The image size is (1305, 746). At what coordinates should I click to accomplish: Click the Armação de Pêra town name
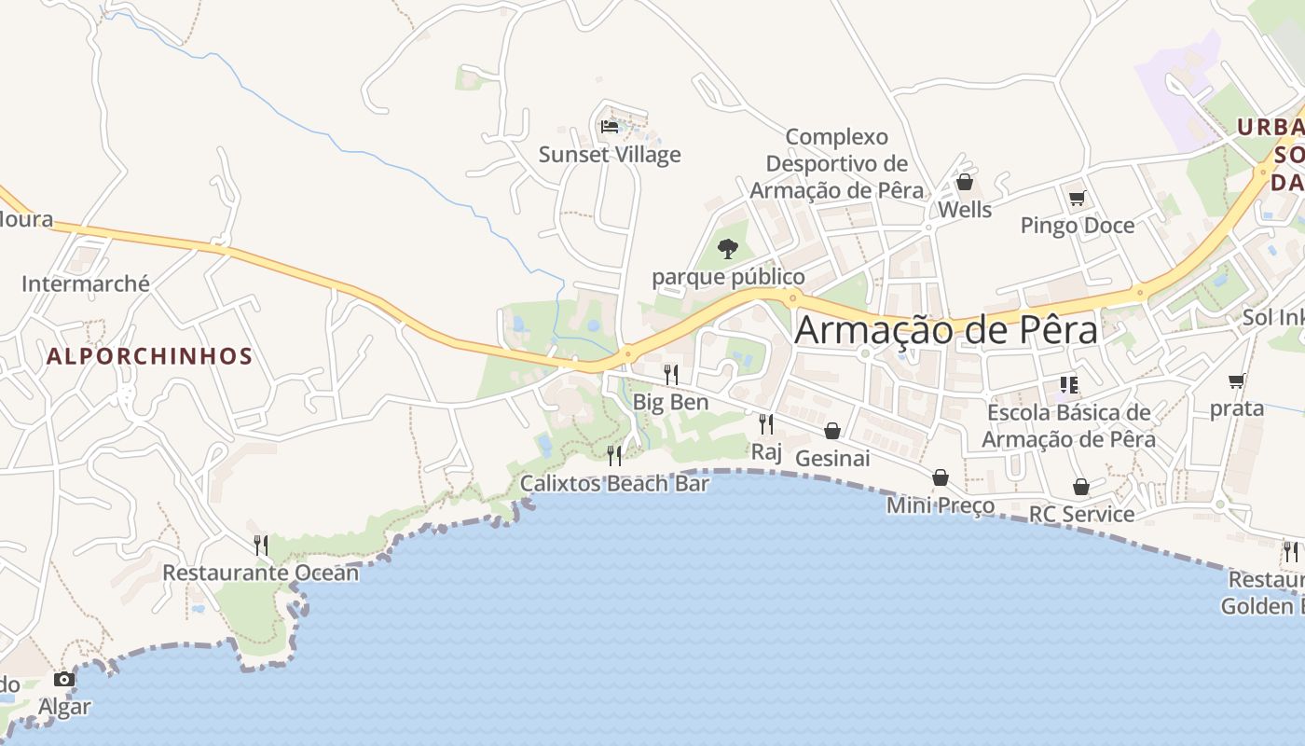pos(946,331)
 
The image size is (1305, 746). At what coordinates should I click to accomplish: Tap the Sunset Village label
pos(610,155)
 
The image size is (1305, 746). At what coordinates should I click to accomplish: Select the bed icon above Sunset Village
pos(610,126)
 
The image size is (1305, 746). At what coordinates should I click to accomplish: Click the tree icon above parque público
pos(728,249)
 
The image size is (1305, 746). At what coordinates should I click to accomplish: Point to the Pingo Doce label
pos(1077,226)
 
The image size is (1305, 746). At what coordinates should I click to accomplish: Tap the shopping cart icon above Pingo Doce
pos(1077,198)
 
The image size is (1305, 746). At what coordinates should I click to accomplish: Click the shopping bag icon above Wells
pos(965,182)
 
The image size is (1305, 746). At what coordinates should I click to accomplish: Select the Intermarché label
pos(86,284)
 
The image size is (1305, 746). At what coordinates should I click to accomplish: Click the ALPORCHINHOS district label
pos(149,356)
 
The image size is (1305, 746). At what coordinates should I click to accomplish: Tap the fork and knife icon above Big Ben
pos(671,375)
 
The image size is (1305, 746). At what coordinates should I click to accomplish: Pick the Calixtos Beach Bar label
pos(614,483)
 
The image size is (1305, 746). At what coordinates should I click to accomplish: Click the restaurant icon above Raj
pos(766,425)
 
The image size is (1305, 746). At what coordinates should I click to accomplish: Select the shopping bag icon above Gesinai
pos(832,431)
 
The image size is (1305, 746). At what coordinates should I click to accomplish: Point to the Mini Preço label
pos(940,505)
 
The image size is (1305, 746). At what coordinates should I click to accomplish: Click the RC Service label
pos(1081,514)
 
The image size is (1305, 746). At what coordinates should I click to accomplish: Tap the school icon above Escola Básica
pos(1068,384)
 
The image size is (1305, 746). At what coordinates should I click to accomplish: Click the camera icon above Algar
pos(64,679)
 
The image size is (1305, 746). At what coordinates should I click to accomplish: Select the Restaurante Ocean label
pos(260,573)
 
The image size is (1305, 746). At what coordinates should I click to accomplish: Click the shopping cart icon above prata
pos(1237,380)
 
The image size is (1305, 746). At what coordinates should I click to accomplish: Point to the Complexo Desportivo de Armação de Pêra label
pos(837,163)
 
